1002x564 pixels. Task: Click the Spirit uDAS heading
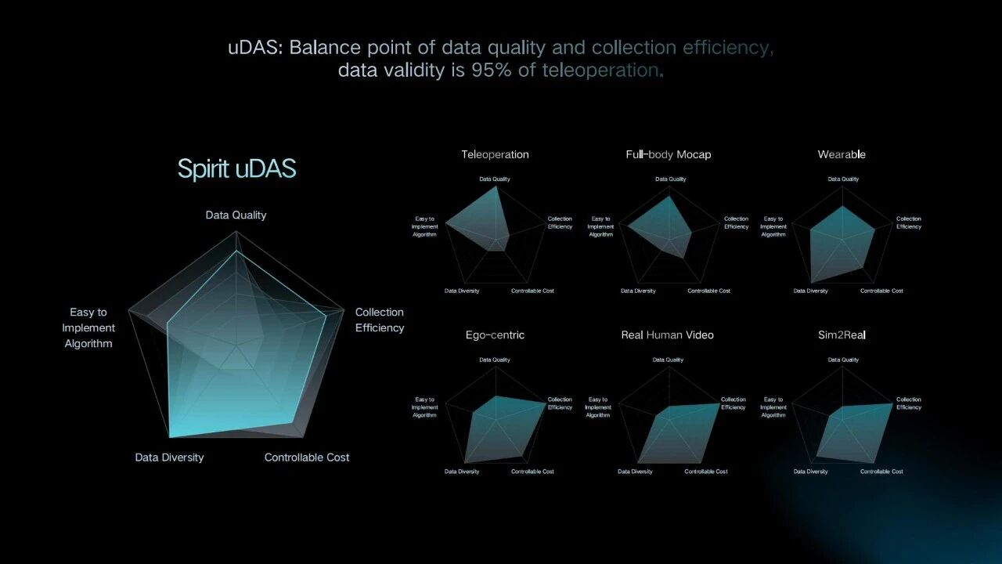236,168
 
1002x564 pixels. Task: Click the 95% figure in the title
491,70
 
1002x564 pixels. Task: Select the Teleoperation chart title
495,154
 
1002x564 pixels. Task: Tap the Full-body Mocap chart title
669,154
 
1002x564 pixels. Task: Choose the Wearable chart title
842,154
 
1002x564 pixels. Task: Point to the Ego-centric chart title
495,334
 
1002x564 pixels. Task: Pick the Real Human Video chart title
668,334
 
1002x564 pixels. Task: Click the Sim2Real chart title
842,334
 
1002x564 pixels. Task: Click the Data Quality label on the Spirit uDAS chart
236,215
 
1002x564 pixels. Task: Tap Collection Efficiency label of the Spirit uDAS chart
380,320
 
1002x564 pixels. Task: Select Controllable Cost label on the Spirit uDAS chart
306,457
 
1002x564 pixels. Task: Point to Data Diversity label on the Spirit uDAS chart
169,457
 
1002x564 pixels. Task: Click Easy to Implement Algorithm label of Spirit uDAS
88,327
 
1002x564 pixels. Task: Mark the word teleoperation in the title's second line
600,70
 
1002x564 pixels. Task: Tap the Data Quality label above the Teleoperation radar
494,179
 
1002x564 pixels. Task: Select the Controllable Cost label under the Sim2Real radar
881,472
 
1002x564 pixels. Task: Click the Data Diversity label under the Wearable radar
810,291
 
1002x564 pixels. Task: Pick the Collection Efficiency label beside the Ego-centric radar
560,403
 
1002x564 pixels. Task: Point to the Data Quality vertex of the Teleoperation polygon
496,187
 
